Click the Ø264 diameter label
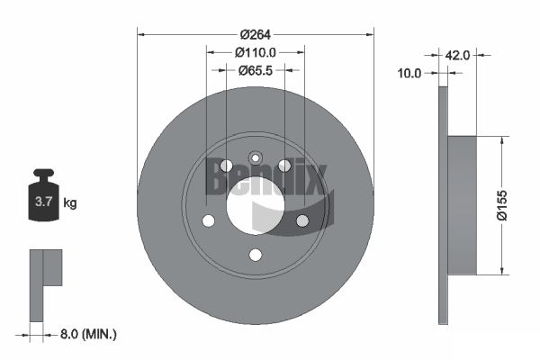(256, 34)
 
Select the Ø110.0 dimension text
(256, 52)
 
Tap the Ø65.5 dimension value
(256, 70)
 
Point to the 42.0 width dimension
(458, 55)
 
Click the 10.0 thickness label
(409, 73)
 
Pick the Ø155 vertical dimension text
(502, 205)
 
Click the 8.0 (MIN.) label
(88, 334)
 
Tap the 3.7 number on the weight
(43, 202)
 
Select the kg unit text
(70, 203)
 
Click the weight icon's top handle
(44, 172)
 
